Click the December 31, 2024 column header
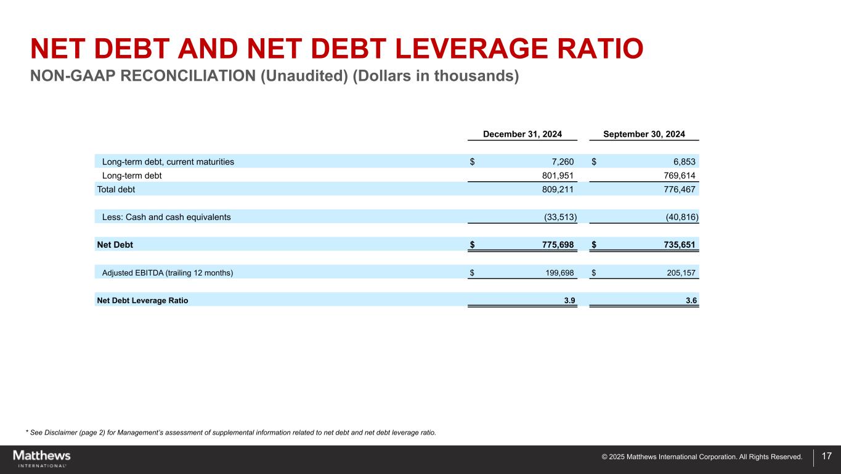522,134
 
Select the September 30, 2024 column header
644,134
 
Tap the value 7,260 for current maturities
561,161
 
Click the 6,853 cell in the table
683,161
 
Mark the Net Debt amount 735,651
677,245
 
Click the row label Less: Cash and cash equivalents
166,217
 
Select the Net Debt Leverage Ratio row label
142,301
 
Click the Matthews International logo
42,458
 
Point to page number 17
827,457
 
